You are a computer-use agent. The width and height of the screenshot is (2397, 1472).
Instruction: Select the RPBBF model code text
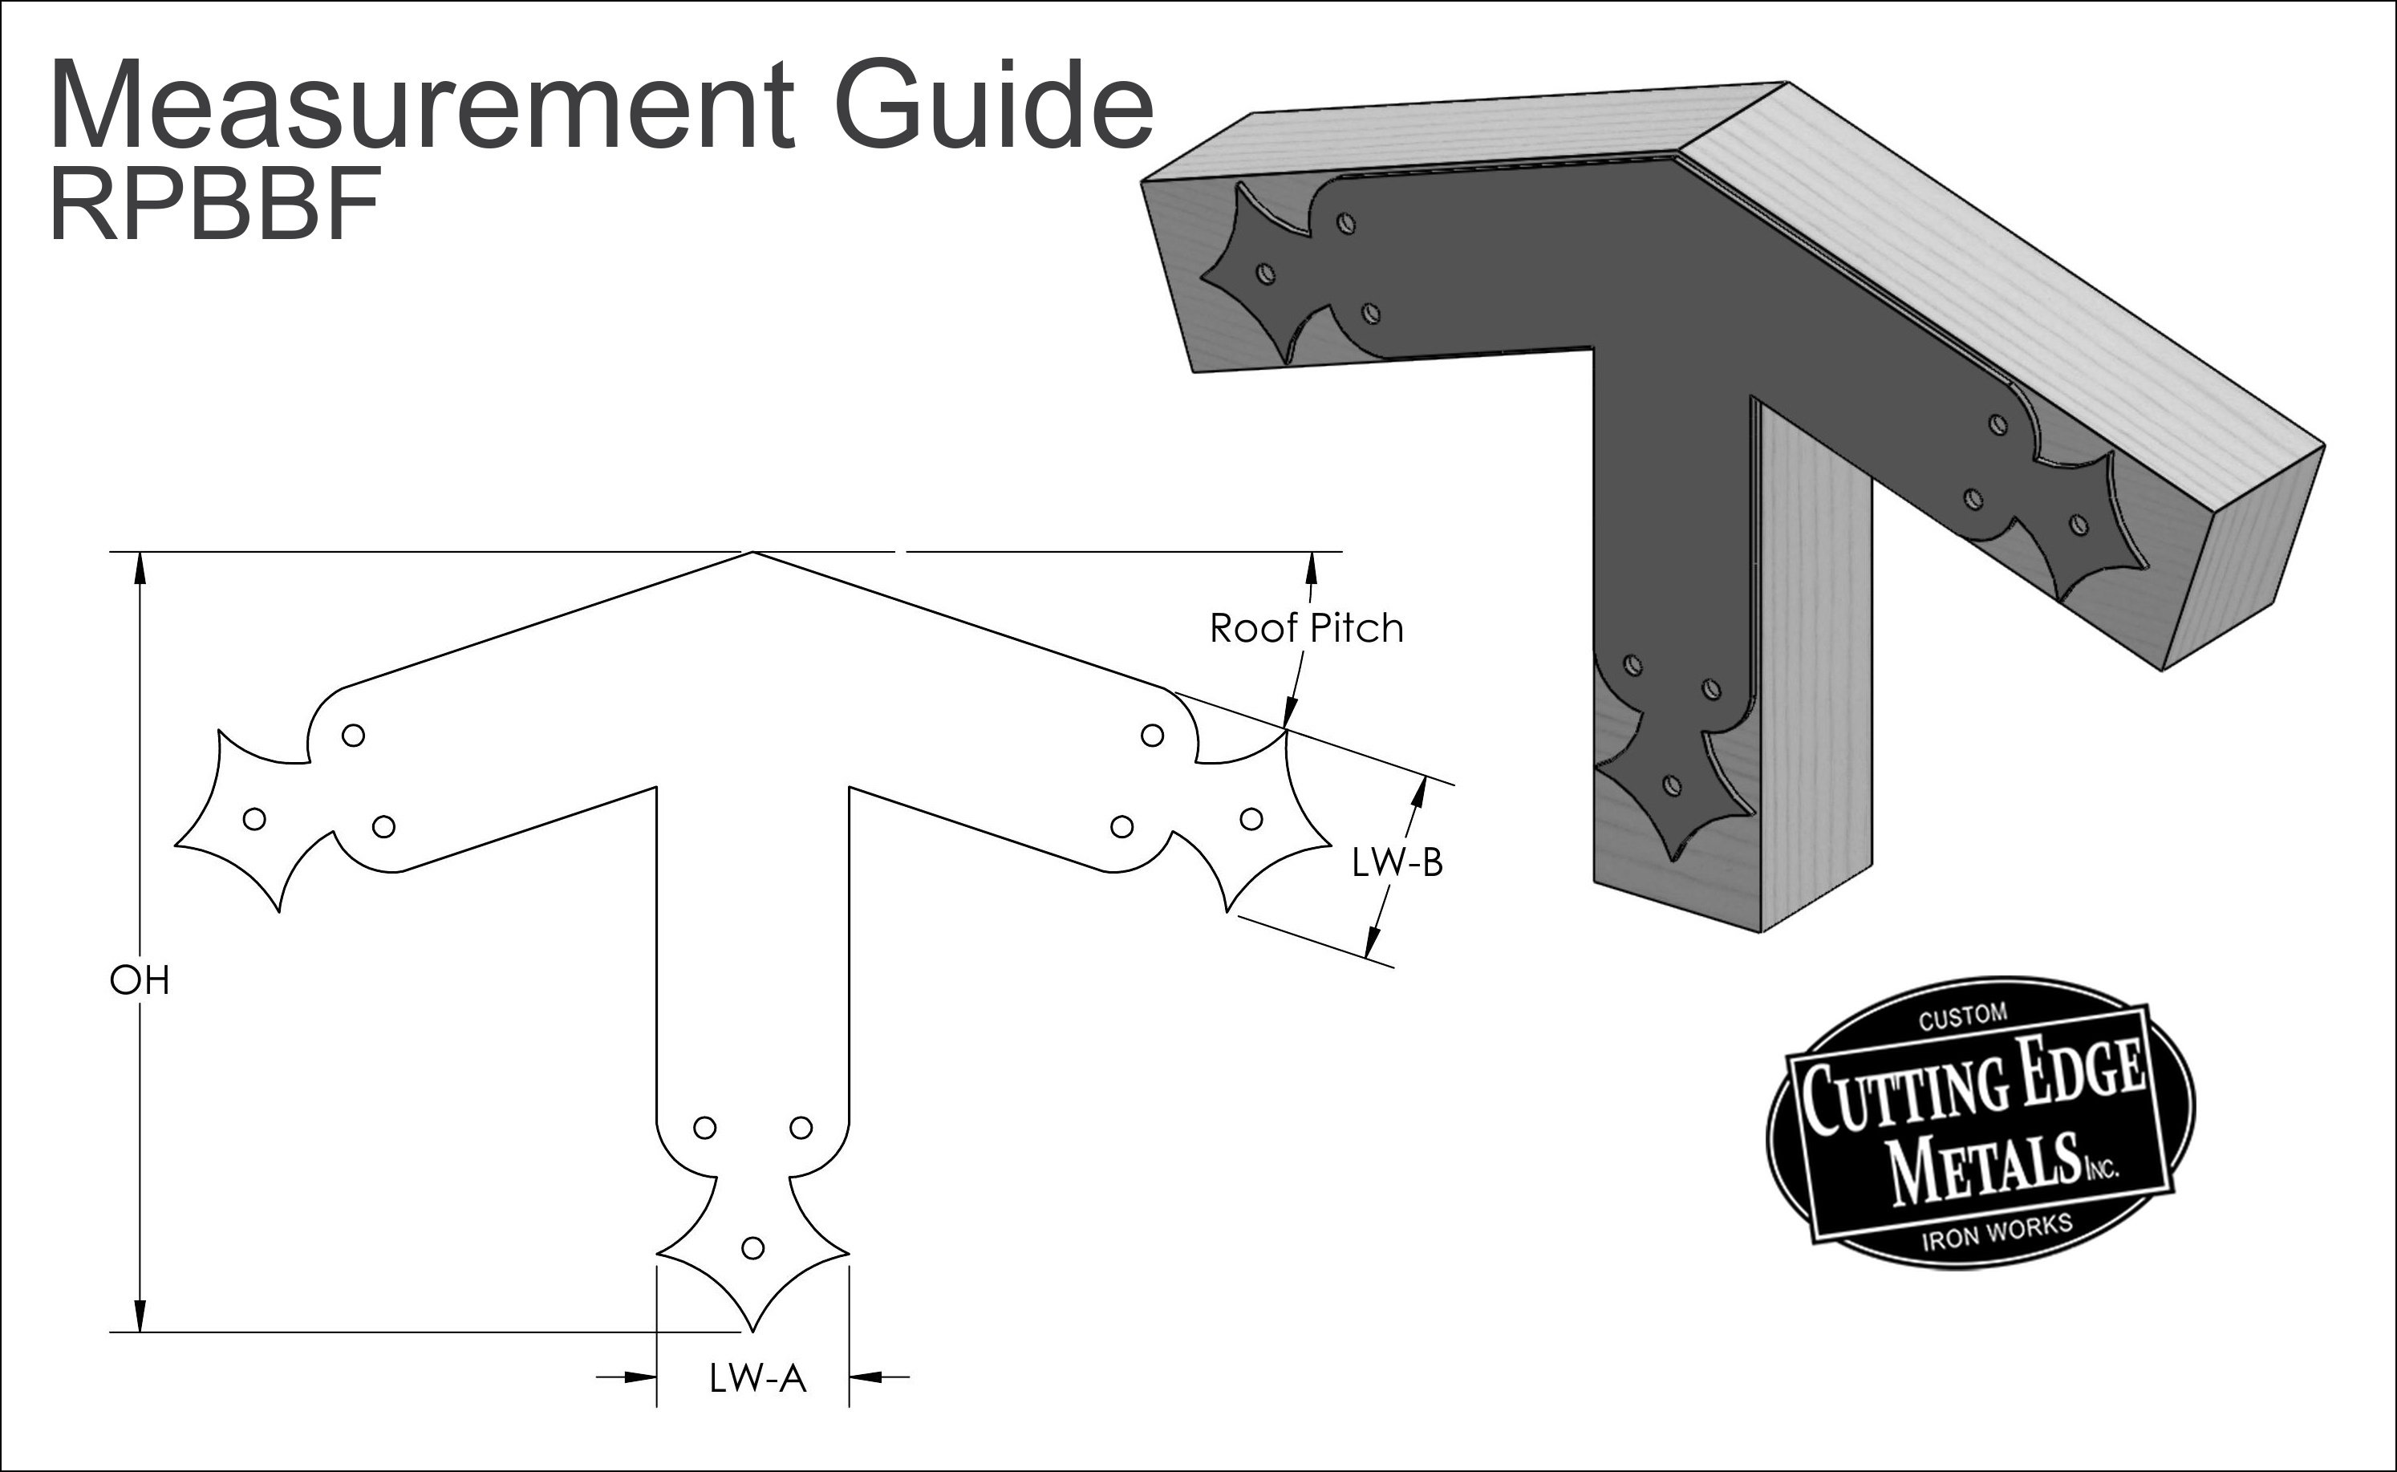point(214,205)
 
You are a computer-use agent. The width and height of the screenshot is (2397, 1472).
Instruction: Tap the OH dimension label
point(140,981)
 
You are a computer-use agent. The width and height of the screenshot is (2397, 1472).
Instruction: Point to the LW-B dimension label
point(1397,862)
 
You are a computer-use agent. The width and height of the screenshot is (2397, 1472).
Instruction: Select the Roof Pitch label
point(1307,629)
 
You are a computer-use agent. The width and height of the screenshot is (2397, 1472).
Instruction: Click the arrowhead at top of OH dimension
point(140,568)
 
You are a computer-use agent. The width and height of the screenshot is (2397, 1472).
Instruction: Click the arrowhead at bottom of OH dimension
point(140,1316)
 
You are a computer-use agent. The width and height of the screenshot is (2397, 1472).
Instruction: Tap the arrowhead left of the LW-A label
point(639,1377)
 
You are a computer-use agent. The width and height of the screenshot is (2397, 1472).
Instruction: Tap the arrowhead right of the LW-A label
point(866,1377)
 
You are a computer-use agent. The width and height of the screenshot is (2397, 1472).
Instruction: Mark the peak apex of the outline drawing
point(752,552)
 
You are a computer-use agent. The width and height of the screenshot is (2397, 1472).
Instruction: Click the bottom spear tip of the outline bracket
point(752,1330)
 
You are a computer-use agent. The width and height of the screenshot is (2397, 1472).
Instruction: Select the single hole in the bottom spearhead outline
point(752,1247)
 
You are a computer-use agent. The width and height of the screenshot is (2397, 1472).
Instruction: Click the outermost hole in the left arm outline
point(254,819)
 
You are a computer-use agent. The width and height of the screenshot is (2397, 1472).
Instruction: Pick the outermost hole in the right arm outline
point(1251,819)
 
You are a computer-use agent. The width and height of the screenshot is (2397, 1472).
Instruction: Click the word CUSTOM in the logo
point(1963,1017)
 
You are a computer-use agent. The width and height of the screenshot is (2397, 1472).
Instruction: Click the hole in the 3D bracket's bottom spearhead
point(1671,784)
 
